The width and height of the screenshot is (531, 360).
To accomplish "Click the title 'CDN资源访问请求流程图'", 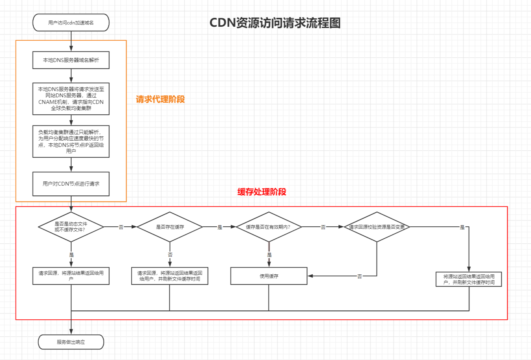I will point(275,23).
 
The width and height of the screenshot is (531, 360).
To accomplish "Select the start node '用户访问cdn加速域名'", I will point(71,22).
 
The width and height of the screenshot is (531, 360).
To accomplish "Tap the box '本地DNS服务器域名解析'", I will point(71,60).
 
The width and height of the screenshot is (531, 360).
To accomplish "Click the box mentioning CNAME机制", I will point(71,99).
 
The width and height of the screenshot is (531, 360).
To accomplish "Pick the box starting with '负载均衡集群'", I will point(71,141).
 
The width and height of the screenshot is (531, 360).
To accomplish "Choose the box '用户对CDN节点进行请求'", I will point(71,184).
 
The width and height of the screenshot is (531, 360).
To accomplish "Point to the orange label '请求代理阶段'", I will point(160,99).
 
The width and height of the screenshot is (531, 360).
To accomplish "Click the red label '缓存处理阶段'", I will point(262,192).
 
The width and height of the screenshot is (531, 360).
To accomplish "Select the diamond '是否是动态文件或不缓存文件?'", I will point(71,227).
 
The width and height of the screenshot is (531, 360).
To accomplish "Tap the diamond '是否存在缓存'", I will point(170,227).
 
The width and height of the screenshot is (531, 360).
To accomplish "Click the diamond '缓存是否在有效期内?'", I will point(268,227).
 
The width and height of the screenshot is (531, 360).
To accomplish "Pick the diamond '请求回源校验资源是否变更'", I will point(377,227).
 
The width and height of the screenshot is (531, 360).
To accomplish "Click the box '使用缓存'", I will point(269,276).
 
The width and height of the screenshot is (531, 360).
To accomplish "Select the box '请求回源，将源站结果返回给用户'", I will point(71,276).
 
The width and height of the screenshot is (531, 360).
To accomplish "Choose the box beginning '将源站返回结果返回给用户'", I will point(469,279).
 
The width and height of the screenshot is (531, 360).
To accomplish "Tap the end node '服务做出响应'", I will point(71,342).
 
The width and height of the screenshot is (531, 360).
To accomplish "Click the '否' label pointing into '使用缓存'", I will point(359,276).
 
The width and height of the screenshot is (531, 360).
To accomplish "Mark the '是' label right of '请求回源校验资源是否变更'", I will point(462,227).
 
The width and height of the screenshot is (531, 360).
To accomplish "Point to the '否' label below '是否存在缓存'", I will point(170,255).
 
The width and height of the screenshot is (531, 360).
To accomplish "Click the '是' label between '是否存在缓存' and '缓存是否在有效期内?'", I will point(220,227).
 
